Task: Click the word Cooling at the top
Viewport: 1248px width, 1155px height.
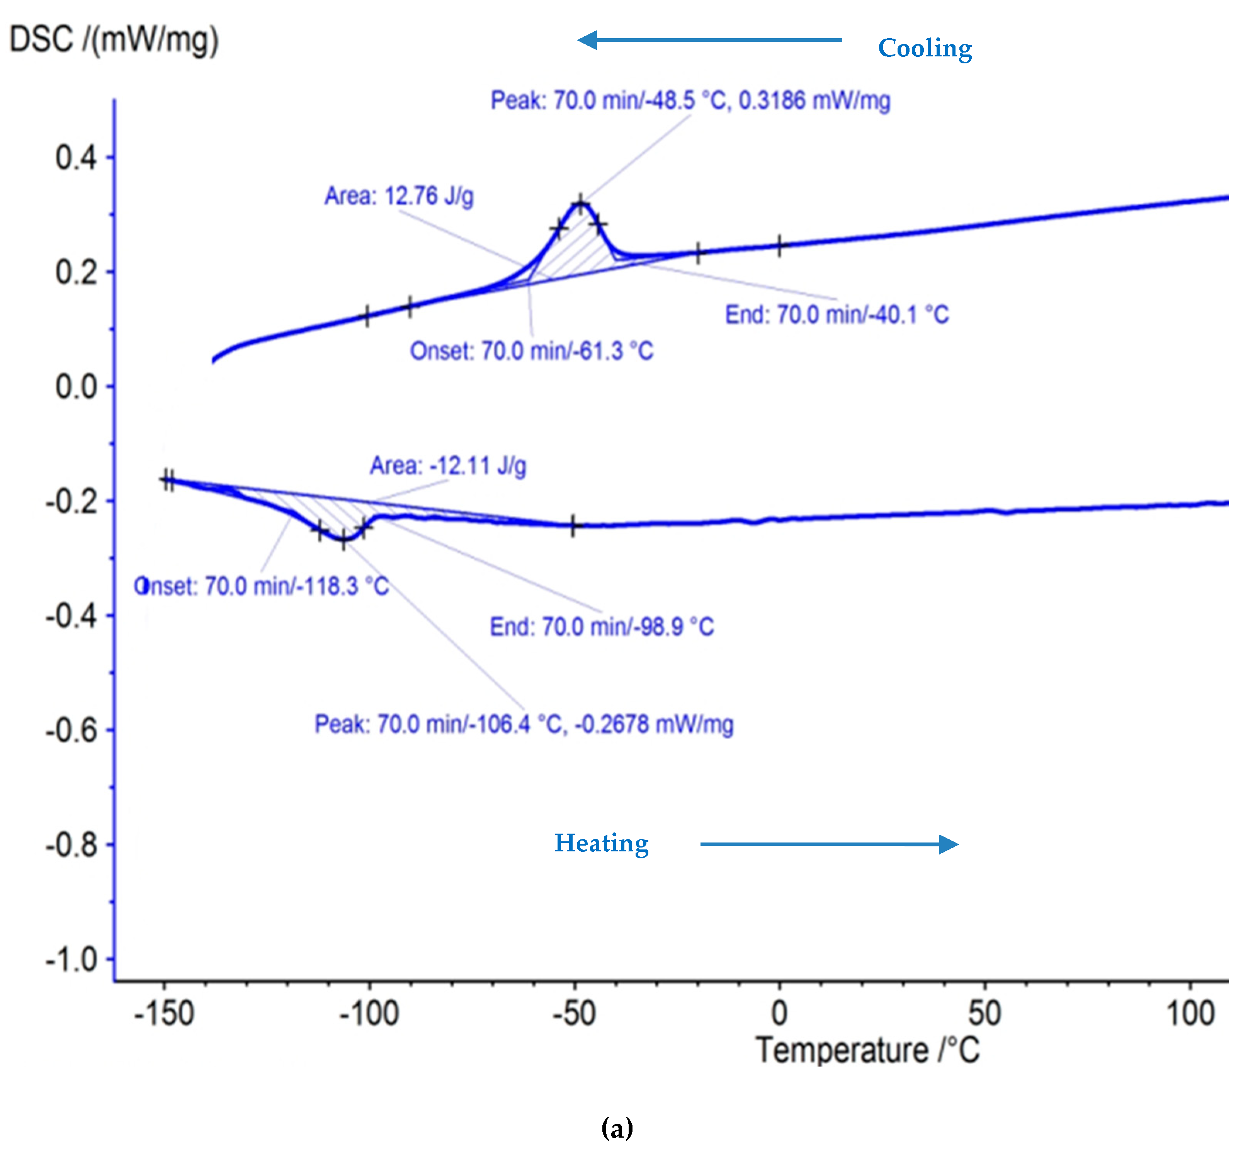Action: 924,48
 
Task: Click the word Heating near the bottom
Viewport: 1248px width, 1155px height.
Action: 602,843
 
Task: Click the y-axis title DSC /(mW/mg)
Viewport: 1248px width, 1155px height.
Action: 114,40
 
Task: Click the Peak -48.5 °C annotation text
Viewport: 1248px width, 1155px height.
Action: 690,100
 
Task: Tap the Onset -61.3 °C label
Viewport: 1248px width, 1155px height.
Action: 532,351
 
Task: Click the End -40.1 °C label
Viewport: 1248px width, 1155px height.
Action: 837,314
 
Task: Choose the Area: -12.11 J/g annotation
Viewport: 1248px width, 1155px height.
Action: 448,465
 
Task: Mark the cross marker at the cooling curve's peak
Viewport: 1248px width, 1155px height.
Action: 581,204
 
